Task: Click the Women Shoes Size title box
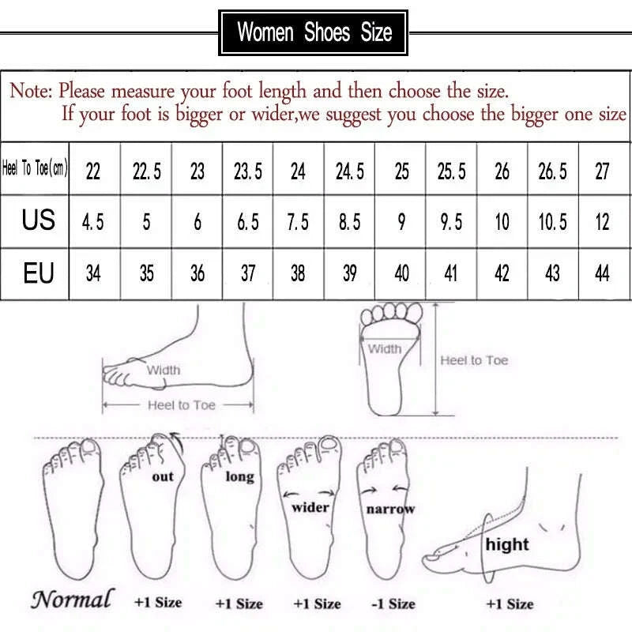pyautogui.click(x=314, y=32)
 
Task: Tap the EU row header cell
pyautogui.click(x=38, y=273)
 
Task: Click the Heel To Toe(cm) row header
pyautogui.click(x=36, y=169)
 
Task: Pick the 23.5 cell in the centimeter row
pyautogui.click(x=248, y=171)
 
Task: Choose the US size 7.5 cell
pyautogui.click(x=298, y=222)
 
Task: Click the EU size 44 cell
pyautogui.click(x=602, y=273)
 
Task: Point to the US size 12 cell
pyautogui.click(x=602, y=222)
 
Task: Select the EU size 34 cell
pyautogui.click(x=93, y=273)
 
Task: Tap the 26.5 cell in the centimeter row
pyautogui.click(x=552, y=171)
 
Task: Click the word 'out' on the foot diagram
pyautogui.click(x=163, y=477)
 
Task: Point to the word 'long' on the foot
pyautogui.click(x=239, y=476)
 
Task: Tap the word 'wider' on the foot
pyautogui.click(x=310, y=507)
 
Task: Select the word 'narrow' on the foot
pyautogui.click(x=390, y=509)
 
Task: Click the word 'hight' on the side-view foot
pyautogui.click(x=507, y=544)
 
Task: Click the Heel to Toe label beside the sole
pyautogui.click(x=474, y=360)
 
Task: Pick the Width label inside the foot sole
pyautogui.click(x=385, y=348)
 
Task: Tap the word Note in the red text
pyautogui.click(x=30, y=91)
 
